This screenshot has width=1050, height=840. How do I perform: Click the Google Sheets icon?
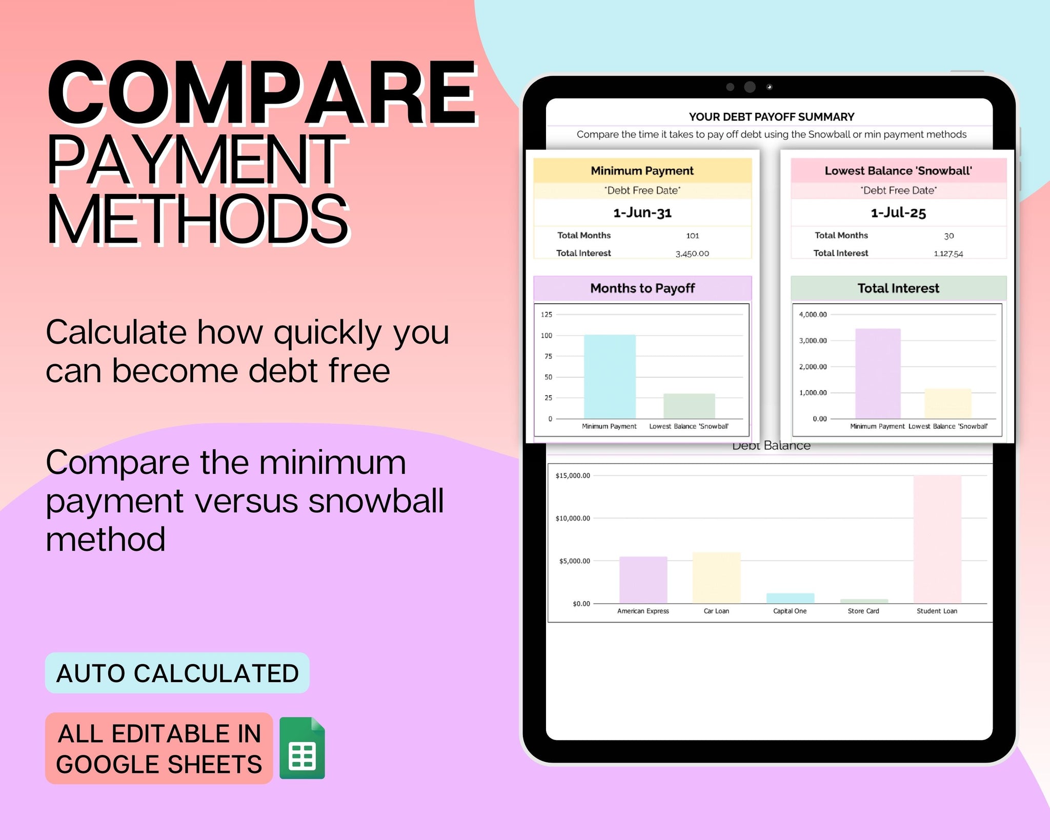click(x=302, y=748)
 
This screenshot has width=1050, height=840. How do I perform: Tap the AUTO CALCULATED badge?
click(x=177, y=673)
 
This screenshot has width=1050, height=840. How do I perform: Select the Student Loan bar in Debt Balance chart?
click(x=937, y=539)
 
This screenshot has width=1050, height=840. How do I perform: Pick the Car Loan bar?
click(x=716, y=577)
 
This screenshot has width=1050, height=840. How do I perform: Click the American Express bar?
click(x=643, y=580)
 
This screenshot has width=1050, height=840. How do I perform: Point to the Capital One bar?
click(x=790, y=598)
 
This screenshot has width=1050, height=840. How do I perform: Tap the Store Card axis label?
click(x=863, y=611)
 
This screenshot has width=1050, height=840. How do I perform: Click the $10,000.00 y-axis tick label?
click(x=573, y=518)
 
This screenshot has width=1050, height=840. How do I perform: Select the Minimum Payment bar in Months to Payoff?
click(x=610, y=376)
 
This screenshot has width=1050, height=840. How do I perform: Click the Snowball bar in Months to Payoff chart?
click(x=689, y=406)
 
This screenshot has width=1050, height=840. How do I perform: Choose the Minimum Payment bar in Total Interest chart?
click(x=878, y=373)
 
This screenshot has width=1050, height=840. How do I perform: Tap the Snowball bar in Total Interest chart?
click(x=947, y=404)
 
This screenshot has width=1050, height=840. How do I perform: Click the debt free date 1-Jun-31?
click(x=642, y=212)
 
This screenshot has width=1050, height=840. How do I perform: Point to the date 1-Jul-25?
click(x=898, y=212)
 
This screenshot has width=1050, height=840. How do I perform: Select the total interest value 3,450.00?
click(x=692, y=253)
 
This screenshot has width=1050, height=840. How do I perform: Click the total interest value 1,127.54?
click(x=948, y=253)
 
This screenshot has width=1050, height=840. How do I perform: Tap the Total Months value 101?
click(x=693, y=235)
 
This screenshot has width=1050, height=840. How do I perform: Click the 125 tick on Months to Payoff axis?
click(x=547, y=314)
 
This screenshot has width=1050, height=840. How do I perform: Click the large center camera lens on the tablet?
click(x=750, y=87)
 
